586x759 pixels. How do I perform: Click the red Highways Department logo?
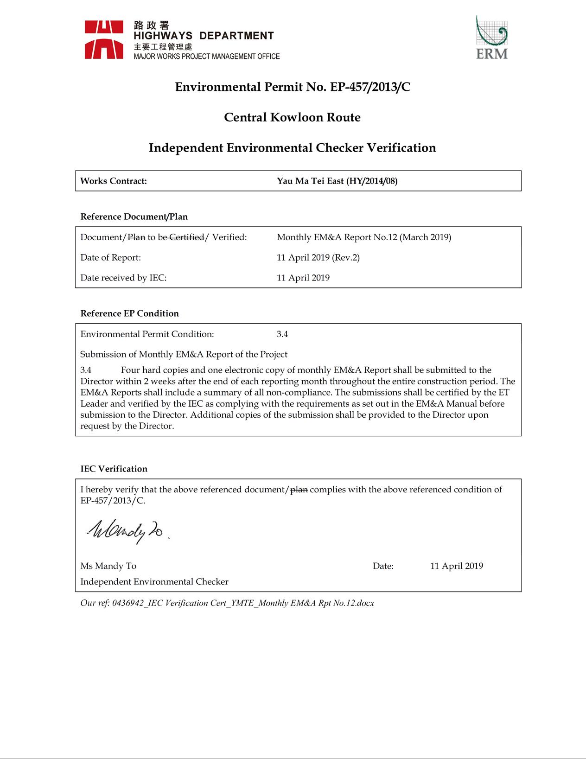pyautogui.click(x=104, y=39)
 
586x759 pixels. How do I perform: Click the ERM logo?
pyautogui.click(x=492, y=38)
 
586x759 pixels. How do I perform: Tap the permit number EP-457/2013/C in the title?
pyautogui.click(x=370, y=87)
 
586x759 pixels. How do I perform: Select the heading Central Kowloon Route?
pyautogui.click(x=292, y=117)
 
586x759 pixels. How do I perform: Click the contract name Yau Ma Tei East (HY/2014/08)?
pyautogui.click(x=337, y=181)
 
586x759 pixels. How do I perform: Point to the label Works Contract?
pyautogui.click(x=114, y=181)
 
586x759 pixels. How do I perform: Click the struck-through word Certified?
pyautogui.click(x=187, y=237)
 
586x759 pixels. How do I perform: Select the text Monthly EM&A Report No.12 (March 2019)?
pyautogui.click(x=364, y=237)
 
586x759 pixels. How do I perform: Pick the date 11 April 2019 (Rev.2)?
pyautogui.click(x=318, y=257)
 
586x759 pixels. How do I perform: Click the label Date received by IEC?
pyautogui.click(x=123, y=278)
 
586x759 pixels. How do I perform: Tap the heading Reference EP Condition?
pyautogui.click(x=129, y=313)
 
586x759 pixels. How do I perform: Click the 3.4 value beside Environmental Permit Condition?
pyautogui.click(x=282, y=334)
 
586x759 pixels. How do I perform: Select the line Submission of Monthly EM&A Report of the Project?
pyautogui.click(x=184, y=354)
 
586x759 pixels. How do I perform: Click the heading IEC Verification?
pyautogui.click(x=114, y=469)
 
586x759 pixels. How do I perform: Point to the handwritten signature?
pyautogui.click(x=126, y=531)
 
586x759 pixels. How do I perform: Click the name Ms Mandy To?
pyautogui.click(x=108, y=566)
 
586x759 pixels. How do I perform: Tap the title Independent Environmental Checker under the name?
pyautogui.click(x=154, y=581)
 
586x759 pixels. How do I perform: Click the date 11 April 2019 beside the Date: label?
pyautogui.click(x=457, y=566)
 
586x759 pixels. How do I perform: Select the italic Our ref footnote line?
pyautogui.click(x=227, y=603)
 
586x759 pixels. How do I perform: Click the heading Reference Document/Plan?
pyautogui.click(x=134, y=217)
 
